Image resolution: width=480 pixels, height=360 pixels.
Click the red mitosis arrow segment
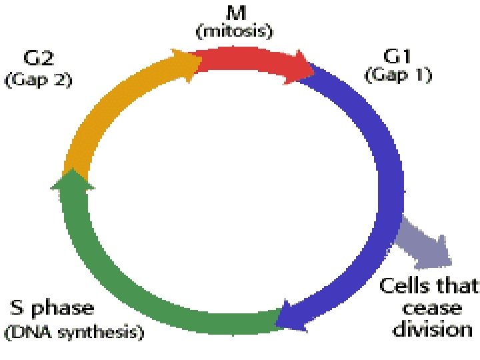click(x=250, y=61)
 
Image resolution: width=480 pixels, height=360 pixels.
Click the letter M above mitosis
click(x=233, y=11)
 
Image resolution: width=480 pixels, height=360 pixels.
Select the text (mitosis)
click(x=233, y=31)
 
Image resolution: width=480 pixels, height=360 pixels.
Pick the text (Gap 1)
click(x=398, y=75)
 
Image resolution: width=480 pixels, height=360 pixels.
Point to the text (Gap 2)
click(x=38, y=80)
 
